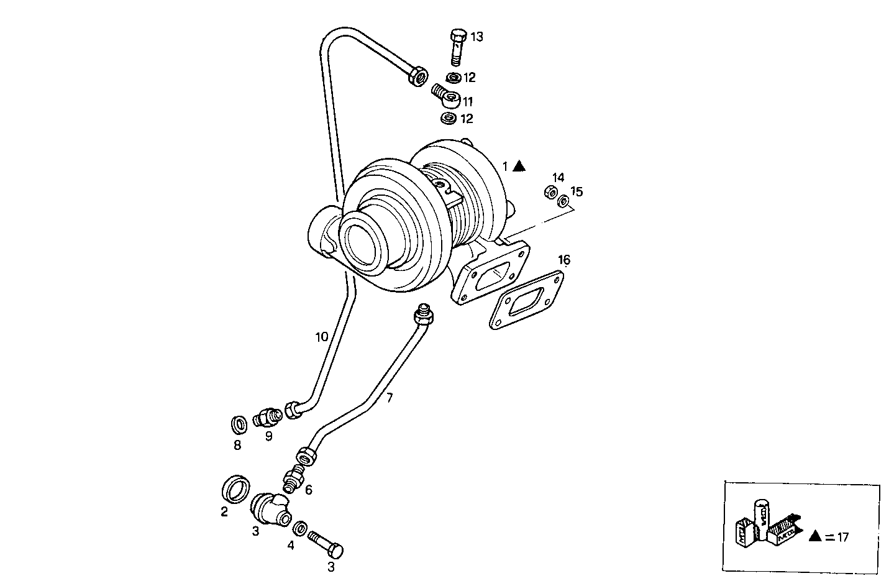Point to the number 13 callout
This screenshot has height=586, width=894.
tap(477, 37)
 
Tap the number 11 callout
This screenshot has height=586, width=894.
tap(468, 101)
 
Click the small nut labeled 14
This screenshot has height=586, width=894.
tap(550, 193)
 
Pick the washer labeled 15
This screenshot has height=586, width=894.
tap(563, 201)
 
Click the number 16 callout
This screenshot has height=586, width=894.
tap(563, 259)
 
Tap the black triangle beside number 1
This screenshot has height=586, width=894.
tap(519, 166)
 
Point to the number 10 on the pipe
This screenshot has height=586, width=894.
tap(321, 337)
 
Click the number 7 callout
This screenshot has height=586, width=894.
tap(389, 398)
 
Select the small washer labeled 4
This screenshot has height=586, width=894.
tap(299, 528)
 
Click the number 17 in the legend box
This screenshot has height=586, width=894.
tap(842, 538)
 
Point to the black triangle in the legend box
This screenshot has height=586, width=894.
tap(816, 536)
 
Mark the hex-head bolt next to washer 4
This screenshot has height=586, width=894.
tap(326, 545)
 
